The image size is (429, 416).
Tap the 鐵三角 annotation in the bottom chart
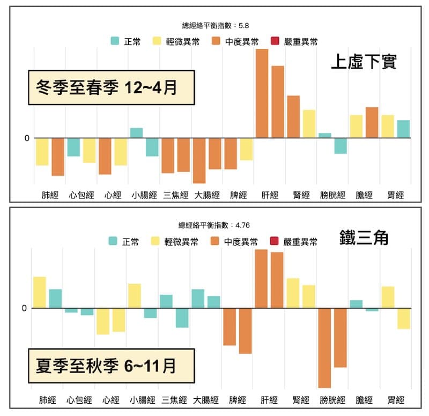364,236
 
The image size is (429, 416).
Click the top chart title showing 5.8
216,25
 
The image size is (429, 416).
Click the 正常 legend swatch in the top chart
115,41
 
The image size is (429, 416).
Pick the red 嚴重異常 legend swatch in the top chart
276,41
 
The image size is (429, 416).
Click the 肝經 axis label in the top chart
270,195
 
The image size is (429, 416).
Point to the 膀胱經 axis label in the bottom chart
332,400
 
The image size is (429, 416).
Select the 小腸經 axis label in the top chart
144,195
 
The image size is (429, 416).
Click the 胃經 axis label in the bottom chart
396,400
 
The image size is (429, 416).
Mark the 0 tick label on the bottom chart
24,308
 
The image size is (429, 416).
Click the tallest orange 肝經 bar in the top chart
262,93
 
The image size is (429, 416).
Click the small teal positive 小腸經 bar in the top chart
136,133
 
